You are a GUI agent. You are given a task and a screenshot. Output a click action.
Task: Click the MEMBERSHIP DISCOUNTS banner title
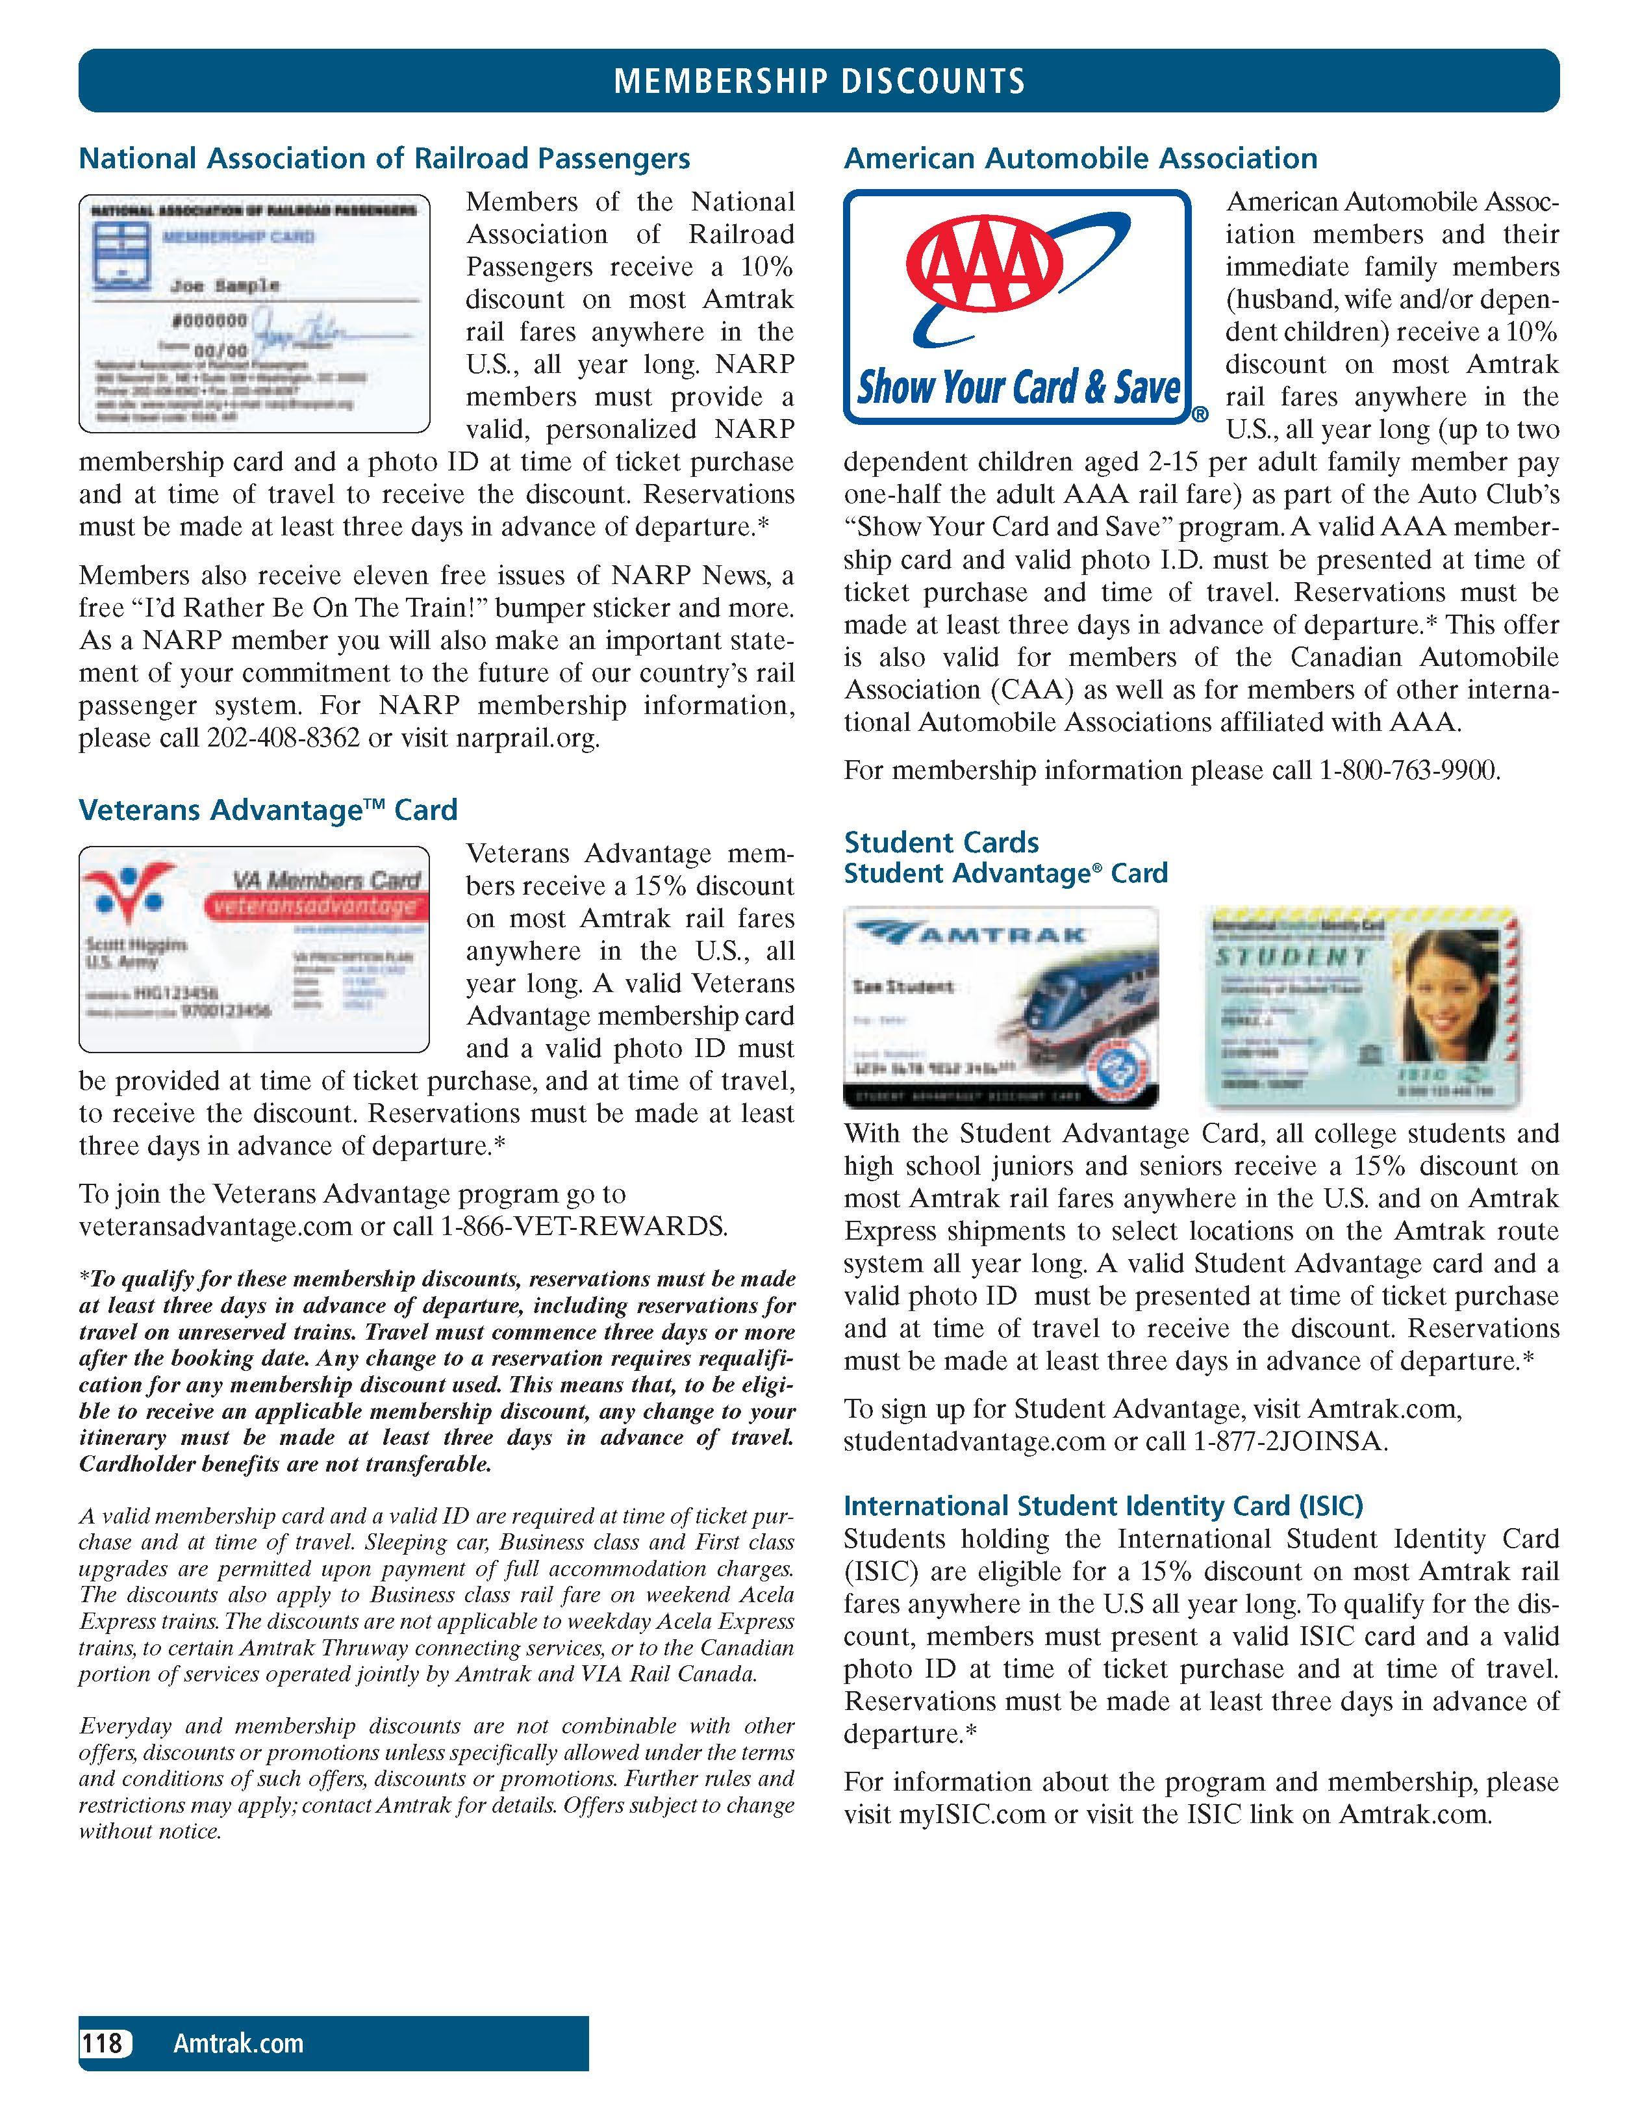(818, 81)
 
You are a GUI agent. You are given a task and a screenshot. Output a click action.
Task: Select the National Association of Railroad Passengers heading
(385, 159)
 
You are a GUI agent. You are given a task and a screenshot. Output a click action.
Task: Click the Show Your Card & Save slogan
(1019, 389)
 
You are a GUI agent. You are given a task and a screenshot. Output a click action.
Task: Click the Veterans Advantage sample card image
(254, 949)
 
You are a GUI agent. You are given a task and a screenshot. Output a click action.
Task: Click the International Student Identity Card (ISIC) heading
(1103, 1506)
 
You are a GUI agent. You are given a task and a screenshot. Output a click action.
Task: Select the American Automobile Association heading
(1080, 159)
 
